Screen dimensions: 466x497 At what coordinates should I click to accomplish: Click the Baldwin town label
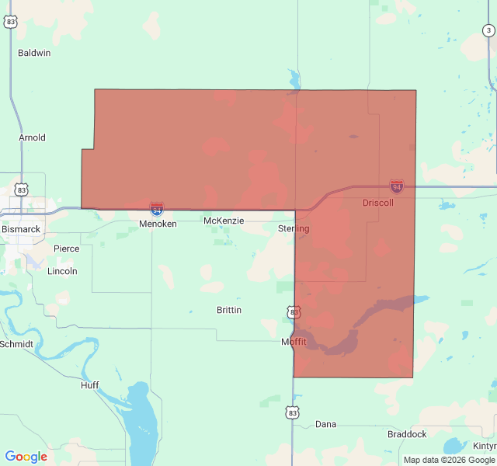click(34, 53)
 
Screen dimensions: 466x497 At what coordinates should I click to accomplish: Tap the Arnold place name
click(33, 137)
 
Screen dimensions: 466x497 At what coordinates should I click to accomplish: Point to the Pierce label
click(66, 249)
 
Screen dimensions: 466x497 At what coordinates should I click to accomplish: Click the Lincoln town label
click(62, 271)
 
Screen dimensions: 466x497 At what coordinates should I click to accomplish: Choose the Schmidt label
click(16, 343)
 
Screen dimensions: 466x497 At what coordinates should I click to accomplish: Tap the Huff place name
click(90, 385)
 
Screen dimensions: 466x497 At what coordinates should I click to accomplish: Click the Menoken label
click(158, 224)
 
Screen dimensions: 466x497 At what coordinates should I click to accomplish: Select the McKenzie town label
click(224, 221)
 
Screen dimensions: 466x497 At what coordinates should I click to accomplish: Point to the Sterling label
click(294, 228)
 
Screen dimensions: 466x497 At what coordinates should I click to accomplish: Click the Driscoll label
click(378, 203)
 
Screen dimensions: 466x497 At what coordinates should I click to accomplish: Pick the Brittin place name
click(228, 310)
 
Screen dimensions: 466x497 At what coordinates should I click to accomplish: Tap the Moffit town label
click(294, 342)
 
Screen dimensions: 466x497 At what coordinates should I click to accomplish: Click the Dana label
click(325, 424)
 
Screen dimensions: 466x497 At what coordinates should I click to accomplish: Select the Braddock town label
click(407, 434)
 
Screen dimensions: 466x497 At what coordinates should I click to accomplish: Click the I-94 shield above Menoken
click(157, 208)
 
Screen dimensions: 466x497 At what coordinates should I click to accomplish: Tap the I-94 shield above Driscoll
click(397, 186)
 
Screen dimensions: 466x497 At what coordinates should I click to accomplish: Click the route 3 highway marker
click(488, 30)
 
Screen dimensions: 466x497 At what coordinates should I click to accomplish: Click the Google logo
click(26, 457)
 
